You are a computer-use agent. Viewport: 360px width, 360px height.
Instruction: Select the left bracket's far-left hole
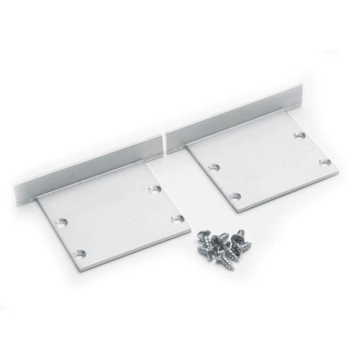click(x=61, y=224)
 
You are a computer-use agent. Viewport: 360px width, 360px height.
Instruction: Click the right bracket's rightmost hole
click(x=325, y=162)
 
